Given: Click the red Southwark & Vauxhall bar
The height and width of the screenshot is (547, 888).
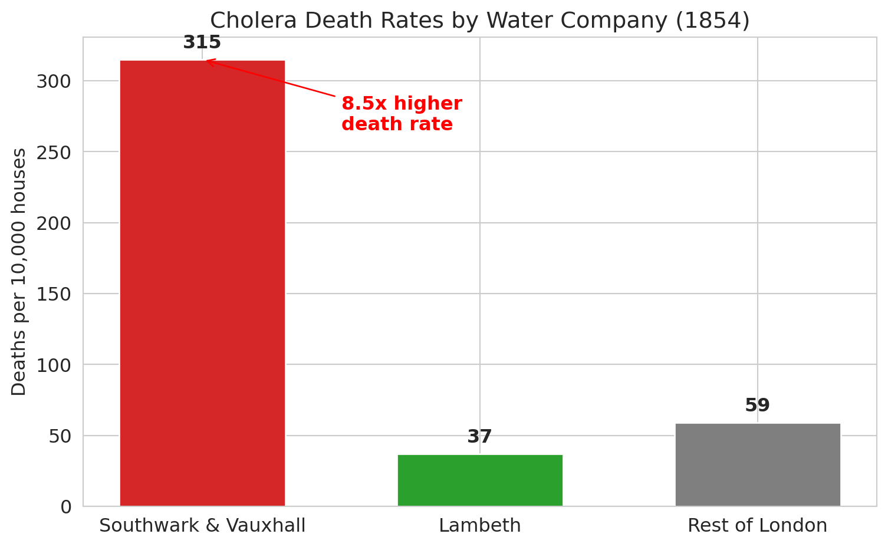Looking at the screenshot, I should [202, 283].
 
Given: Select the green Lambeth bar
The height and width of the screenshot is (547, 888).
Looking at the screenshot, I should [480, 480].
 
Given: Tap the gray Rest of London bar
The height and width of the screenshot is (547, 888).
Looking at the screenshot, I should [758, 464].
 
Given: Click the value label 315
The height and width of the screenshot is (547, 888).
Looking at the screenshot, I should [202, 42].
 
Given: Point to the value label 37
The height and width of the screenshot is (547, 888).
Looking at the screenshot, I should [480, 437].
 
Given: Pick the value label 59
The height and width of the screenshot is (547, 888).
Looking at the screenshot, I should [758, 406].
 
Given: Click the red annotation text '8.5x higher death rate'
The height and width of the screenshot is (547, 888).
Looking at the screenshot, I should [402, 114].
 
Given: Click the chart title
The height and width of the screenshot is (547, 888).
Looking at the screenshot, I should [480, 21].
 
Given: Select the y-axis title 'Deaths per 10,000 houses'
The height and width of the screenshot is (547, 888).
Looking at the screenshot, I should [19, 272].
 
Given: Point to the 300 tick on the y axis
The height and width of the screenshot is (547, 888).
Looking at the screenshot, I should [54, 81].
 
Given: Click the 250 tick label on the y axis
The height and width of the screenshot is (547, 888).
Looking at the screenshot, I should [54, 152].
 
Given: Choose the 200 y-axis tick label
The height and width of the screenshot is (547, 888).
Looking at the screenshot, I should [54, 223].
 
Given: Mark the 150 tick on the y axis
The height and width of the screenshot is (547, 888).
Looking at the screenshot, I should [54, 294].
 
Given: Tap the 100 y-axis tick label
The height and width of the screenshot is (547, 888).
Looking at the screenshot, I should [54, 365].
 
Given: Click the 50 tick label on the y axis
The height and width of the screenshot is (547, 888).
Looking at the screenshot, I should [59, 436].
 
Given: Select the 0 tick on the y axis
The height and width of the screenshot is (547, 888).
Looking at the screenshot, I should [66, 507].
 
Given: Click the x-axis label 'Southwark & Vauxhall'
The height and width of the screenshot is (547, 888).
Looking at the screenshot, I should [202, 525].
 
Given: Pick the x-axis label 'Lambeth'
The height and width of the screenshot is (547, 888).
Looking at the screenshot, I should [480, 525].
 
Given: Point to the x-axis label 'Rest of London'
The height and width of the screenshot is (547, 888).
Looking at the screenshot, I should [758, 525].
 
